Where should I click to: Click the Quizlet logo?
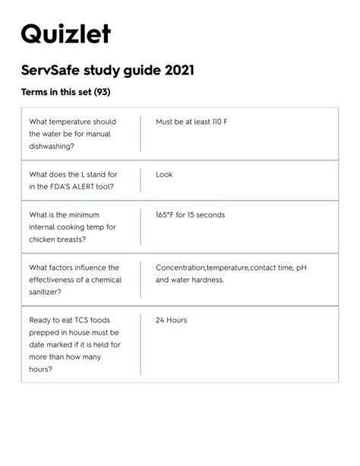(x=65, y=34)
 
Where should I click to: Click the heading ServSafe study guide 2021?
(x=107, y=71)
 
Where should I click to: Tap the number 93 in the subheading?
(x=103, y=94)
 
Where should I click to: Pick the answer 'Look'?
(x=164, y=174)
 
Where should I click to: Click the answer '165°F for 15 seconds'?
(x=190, y=214)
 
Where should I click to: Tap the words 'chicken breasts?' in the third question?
(x=57, y=239)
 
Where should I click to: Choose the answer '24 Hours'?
(x=171, y=320)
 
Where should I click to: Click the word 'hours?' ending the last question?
(x=41, y=369)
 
